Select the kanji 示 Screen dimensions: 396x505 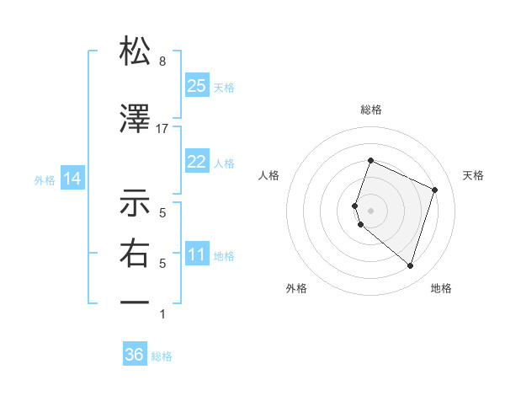point(135,203)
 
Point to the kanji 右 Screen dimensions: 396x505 point(135,253)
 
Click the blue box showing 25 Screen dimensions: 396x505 point(197,85)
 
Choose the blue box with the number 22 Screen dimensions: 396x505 point(197,162)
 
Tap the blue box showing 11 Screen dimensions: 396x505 point(197,254)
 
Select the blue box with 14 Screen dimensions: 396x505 point(72,179)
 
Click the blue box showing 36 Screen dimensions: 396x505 point(135,355)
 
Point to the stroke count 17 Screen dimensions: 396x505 point(162,129)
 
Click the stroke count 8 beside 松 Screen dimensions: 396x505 point(162,62)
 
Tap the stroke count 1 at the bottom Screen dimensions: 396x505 point(162,314)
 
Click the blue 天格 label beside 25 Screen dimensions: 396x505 point(224,87)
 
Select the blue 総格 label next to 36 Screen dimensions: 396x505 point(162,356)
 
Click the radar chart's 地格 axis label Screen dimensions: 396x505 point(441,288)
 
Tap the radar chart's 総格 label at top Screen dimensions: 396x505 point(370,110)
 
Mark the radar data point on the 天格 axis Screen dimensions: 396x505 point(435,190)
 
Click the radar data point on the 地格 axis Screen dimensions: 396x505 point(410,265)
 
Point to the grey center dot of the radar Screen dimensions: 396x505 point(370,210)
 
